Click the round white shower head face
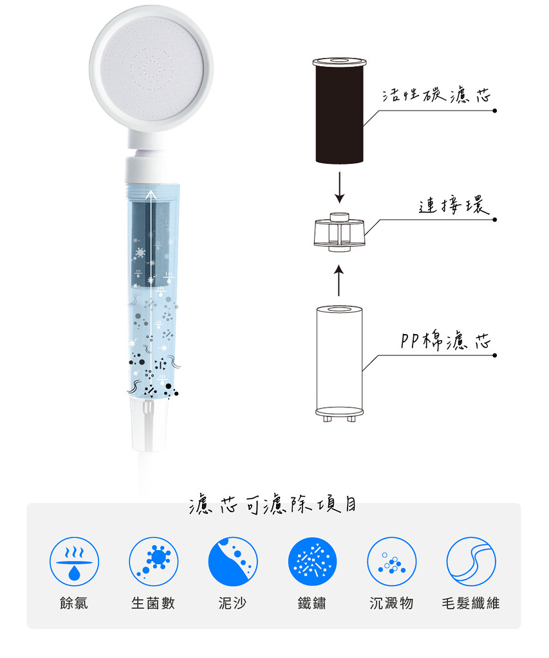click(x=151, y=69)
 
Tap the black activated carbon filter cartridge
click(x=339, y=110)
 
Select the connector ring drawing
click(x=339, y=233)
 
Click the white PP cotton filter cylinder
click(x=339, y=364)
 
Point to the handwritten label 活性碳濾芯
click(x=436, y=96)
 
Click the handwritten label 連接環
click(x=454, y=205)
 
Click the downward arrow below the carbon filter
click(x=340, y=187)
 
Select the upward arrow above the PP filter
click(x=339, y=280)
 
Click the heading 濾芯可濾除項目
click(x=272, y=504)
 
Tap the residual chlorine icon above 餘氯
click(x=75, y=562)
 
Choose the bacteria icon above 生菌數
click(x=153, y=562)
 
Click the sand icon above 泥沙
click(x=233, y=562)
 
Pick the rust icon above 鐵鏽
click(x=312, y=562)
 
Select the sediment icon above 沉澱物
click(x=392, y=562)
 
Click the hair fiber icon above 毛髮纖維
click(x=471, y=562)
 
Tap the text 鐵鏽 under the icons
click(x=312, y=603)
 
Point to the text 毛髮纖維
click(x=471, y=603)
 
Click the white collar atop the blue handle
click(x=151, y=170)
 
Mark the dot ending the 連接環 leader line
click(x=495, y=220)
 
